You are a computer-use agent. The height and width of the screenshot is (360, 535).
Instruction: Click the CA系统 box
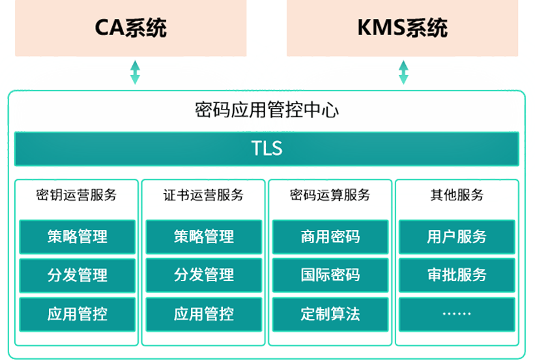pyautogui.click(x=130, y=28)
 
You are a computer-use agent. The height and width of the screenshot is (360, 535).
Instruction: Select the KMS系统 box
pyautogui.click(x=402, y=28)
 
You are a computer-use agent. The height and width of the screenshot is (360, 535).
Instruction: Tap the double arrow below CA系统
pyautogui.click(x=135, y=72)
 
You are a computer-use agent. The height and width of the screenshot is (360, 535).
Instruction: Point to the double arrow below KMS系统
pyautogui.click(x=403, y=72)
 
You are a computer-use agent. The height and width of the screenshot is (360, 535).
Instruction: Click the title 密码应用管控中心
pyautogui.click(x=267, y=110)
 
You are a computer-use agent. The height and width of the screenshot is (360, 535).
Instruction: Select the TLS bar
pyautogui.click(x=267, y=149)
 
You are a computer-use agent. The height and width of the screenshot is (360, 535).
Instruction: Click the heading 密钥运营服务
pyautogui.click(x=76, y=195)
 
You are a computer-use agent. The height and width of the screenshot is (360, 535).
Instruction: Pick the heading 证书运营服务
pyautogui.click(x=203, y=195)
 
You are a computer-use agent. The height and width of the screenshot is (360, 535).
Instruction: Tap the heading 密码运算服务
pyautogui.click(x=330, y=195)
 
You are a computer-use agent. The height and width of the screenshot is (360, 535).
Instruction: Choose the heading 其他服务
pyautogui.click(x=456, y=195)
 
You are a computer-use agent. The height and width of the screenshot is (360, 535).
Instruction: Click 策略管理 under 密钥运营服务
pyautogui.click(x=77, y=237)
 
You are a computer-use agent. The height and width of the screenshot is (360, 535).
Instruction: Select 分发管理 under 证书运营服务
pyautogui.click(x=203, y=275)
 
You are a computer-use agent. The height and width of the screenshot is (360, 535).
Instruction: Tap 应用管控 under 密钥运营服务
pyautogui.click(x=77, y=314)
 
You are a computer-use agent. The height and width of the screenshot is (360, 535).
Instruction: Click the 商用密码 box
pyautogui.click(x=330, y=237)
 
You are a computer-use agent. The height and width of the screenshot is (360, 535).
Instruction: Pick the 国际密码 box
pyautogui.click(x=330, y=275)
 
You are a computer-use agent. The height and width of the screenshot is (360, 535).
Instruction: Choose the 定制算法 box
pyautogui.click(x=330, y=314)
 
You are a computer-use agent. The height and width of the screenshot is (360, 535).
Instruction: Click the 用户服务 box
pyautogui.click(x=456, y=237)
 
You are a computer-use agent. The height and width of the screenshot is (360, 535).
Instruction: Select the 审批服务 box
pyautogui.click(x=456, y=275)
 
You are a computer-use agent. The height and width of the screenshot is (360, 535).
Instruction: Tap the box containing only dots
pyautogui.click(x=456, y=314)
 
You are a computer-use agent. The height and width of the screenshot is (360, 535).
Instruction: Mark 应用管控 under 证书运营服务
pyautogui.click(x=203, y=314)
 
